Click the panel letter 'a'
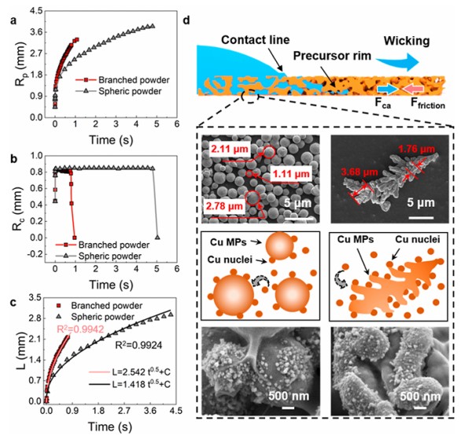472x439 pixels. click(6, 11)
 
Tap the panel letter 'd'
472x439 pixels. click(186, 11)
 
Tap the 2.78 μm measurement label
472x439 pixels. click(227, 206)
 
